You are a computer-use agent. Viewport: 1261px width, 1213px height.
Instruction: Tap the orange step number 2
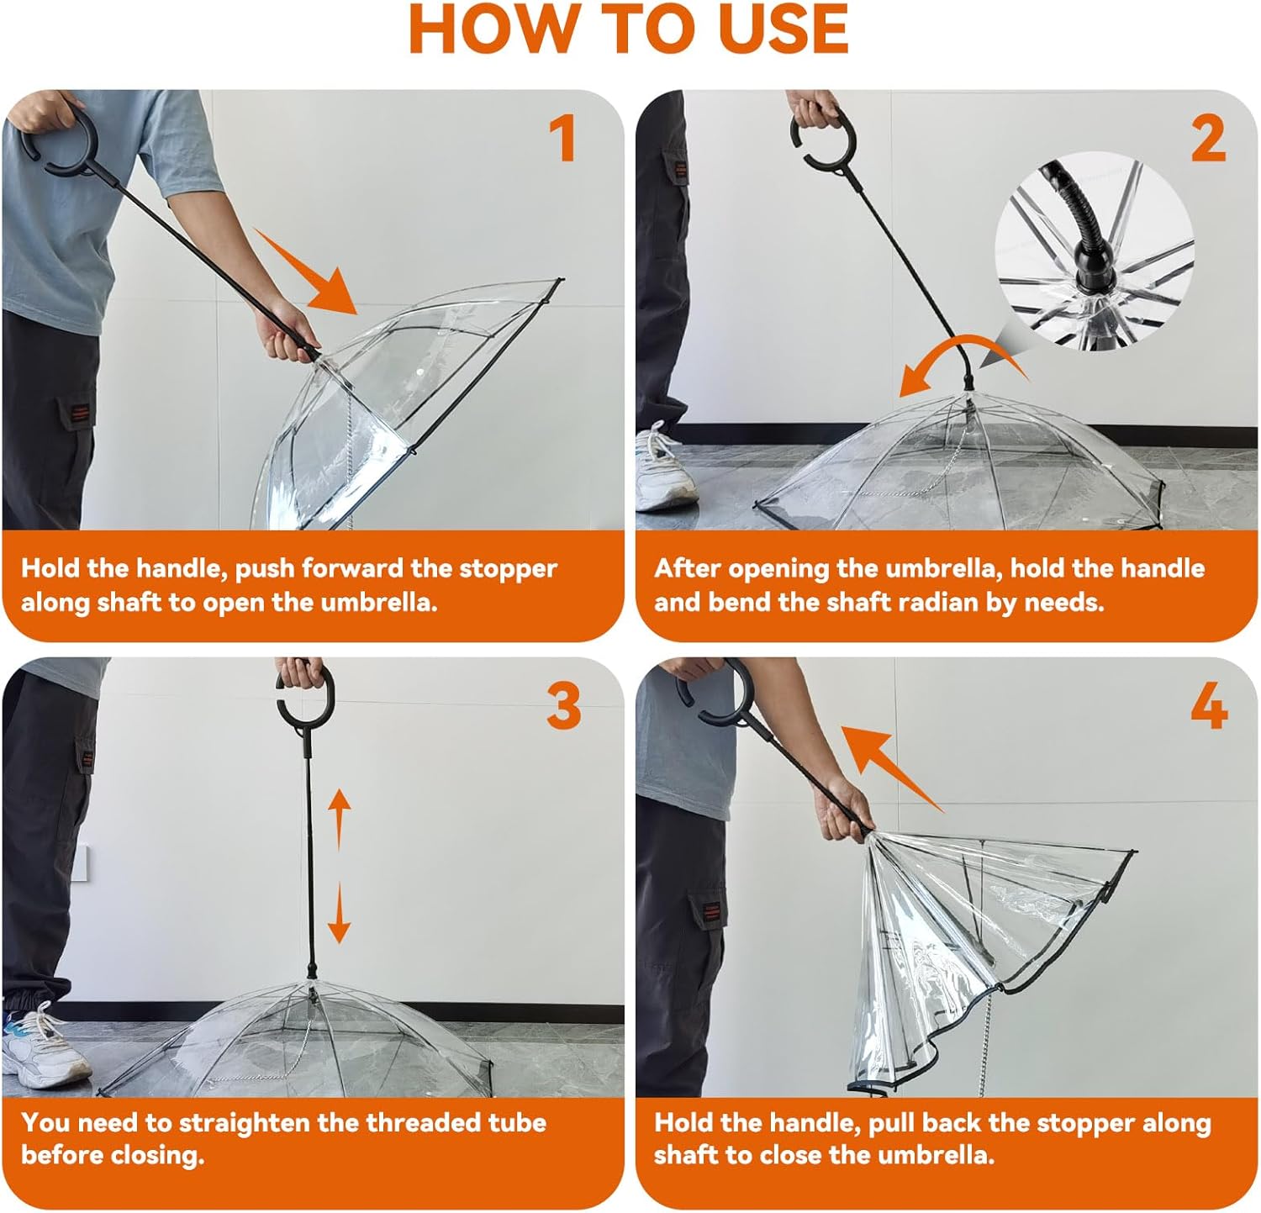[1208, 139]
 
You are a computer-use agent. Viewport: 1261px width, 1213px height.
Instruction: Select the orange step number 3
[563, 706]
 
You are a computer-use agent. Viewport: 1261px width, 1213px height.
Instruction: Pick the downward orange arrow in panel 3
[339, 912]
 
